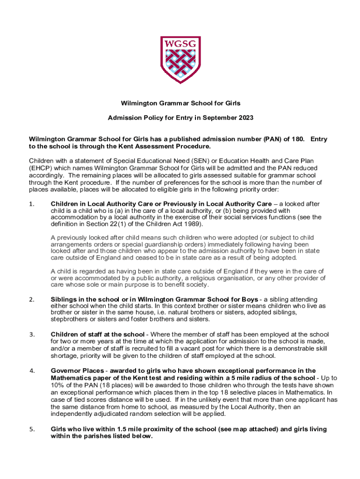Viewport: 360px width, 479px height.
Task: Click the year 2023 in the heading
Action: click(245, 117)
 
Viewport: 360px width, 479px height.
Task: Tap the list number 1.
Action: click(31, 203)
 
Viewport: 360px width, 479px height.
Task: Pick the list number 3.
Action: click(31, 334)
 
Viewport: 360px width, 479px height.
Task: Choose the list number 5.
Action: click(31, 429)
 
